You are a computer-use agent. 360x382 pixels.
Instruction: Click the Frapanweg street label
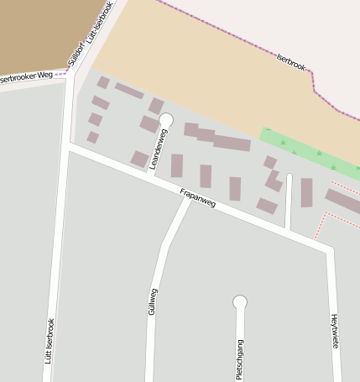click(x=197, y=199)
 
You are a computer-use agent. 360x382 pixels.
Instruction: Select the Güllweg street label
click(x=153, y=301)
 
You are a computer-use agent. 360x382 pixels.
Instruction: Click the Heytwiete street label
click(x=334, y=331)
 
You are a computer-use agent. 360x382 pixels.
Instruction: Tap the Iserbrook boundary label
click(x=291, y=63)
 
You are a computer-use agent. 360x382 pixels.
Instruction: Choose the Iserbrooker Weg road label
click(x=25, y=77)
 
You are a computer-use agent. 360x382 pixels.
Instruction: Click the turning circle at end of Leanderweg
click(x=165, y=120)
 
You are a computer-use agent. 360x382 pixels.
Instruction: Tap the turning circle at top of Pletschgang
click(x=240, y=301)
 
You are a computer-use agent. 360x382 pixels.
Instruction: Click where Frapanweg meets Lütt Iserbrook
click(x=67, y=147)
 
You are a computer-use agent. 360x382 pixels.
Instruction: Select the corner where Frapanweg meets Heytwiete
click(x=330, y=249)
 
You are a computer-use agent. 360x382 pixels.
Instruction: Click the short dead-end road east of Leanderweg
click(x=289, y=201)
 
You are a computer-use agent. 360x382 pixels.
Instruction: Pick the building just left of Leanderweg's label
click(x=139, y=159)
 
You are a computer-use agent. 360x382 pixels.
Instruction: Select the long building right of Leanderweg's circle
click(x=217, y=137)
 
